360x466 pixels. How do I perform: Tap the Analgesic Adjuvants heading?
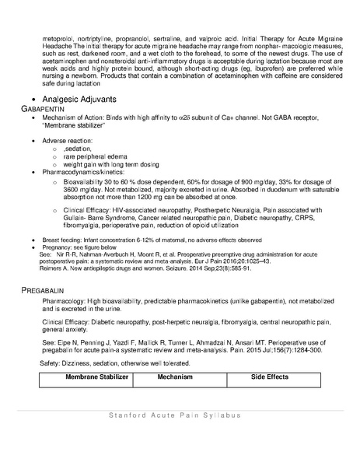(79, 100)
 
